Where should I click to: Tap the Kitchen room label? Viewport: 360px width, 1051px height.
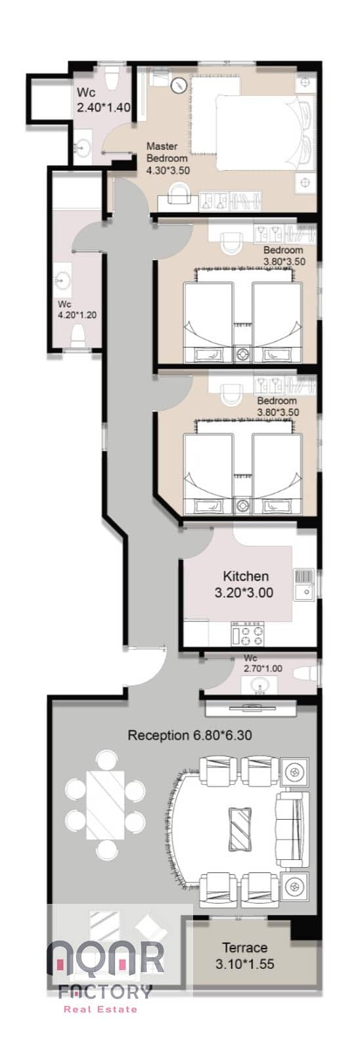click(x=246, y=575)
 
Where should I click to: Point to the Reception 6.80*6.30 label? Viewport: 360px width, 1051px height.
click(x=190, y=735)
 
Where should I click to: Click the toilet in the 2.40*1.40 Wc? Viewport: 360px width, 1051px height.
click(x=112, y=78)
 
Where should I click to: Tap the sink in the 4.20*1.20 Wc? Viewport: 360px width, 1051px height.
click(x=62, y=280)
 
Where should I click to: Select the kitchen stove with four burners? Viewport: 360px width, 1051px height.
click(x=248, y=633)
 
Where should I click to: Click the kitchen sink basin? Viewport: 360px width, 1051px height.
click(x=304, y=592)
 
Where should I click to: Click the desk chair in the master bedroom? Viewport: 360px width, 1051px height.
click(x=179, y=194)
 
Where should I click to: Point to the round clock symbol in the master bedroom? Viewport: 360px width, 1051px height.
click(x=179, y=85)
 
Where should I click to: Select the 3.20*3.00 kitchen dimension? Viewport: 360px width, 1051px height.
click(x=244, y=592)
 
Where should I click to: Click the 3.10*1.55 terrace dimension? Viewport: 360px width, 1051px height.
click(x=244, y=964)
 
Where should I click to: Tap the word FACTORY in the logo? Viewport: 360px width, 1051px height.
click(x=105, y=991)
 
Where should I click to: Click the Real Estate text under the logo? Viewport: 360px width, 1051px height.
click(x=101, y=1009)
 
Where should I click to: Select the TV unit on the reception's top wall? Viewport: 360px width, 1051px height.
click(x=251, y=708)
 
